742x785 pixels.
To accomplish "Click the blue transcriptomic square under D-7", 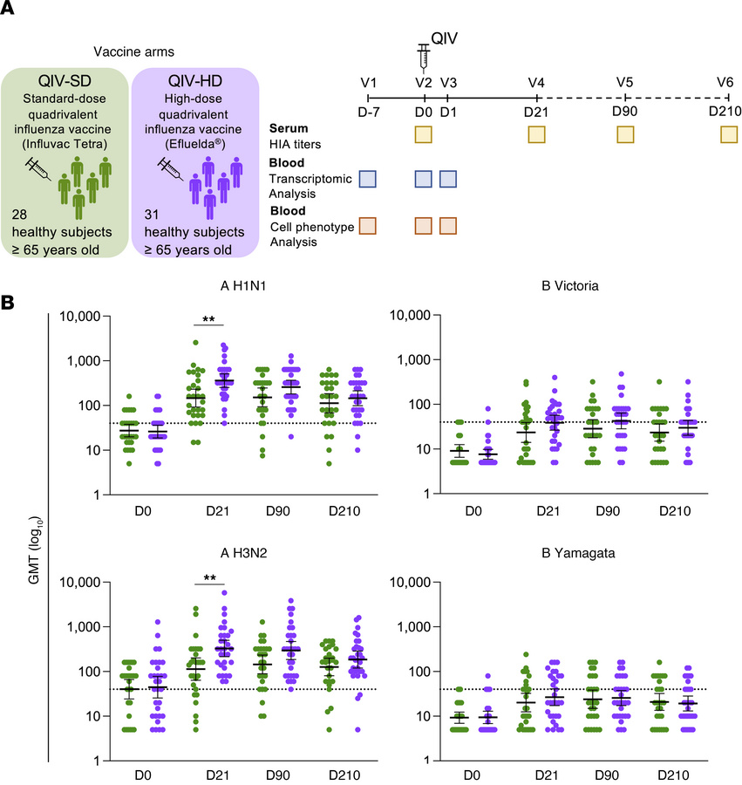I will click(x=368, y=179).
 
